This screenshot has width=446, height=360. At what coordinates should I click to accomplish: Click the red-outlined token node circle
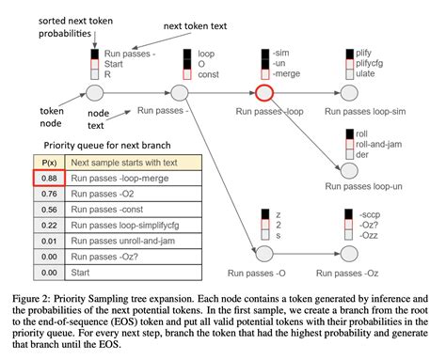pyautogui.click(x=264, y=93)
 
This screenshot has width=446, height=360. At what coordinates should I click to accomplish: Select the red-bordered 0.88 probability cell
pyautogui.click(x=49, y=178)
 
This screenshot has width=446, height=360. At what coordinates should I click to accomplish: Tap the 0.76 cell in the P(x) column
pyautogui.click(x=49, y=194)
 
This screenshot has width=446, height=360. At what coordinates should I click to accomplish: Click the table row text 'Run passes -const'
pyautogui.click(x=107, y=210)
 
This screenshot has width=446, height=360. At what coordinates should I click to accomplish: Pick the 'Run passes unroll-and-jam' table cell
pyautogui.click(x=134, y=241)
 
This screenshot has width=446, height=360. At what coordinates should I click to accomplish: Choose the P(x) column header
pyautogui.click(x=49, y=163)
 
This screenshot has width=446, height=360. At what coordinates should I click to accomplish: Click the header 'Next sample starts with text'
pyautogui.click(x=124, y=163)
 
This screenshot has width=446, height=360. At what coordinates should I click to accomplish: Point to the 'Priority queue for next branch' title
pyautogui.click(x=107, y=146)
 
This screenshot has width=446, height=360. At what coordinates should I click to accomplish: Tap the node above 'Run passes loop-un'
pyautogui.click(x=349, y=170)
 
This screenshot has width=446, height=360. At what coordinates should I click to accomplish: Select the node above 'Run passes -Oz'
pyautogui.click(x=349, y=254)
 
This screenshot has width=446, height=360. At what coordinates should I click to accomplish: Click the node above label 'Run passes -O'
pyautogui.click(x=264, y=254)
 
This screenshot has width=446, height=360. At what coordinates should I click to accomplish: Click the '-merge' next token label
pyautogui.click(x=286, y=73)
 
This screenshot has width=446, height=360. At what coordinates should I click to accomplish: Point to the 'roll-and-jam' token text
pyautogui.click(x=378, y=144)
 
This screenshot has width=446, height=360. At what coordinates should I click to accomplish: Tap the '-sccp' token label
pyautogui.click(x=370, y=214)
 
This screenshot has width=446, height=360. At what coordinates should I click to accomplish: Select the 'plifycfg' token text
pyautogui.click(x=369, y=64)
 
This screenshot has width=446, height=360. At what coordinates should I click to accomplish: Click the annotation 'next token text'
pyautogui.click(x=195, y=26)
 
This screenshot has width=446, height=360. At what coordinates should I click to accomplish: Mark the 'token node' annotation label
pyautogui.click(x=52, y=117)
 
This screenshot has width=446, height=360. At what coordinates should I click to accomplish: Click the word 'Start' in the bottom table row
pyautogui.click(x=80, y=273)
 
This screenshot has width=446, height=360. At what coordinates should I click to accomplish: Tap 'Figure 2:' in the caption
pyautogui.click(x=31, y=299)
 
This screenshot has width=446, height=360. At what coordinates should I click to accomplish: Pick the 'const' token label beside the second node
pyautogui.click(x=208, y=74)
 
